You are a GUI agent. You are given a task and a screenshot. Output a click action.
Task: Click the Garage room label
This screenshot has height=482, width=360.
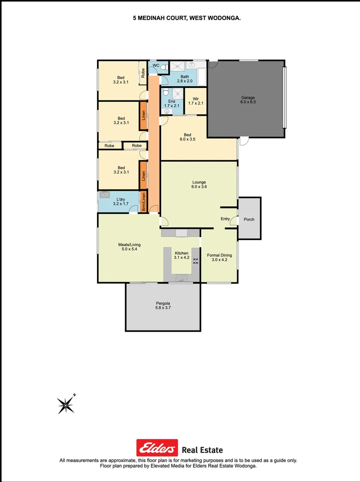point(248,97)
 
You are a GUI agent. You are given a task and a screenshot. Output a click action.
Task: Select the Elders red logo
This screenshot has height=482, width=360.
point(157,448)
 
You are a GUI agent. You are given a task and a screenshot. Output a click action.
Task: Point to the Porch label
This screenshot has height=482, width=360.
point(249,219)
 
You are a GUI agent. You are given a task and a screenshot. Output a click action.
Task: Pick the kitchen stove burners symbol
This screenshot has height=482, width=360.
point(195,261)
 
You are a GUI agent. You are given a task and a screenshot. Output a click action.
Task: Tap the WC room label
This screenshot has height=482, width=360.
point(156,66)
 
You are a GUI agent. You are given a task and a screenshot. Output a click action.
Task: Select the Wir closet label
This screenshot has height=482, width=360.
point(195,99)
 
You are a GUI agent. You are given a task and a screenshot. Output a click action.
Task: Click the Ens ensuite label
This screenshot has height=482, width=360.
point(172,101)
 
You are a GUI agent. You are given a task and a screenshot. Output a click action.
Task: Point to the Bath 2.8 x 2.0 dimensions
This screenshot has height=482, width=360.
point(184,81)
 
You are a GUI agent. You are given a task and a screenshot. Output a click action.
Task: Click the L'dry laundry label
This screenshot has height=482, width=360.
point(121,199)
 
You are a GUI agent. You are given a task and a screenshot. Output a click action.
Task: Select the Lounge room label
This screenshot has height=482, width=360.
point(199,182)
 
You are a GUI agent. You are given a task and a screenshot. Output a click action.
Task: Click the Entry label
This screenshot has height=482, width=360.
point(225,219)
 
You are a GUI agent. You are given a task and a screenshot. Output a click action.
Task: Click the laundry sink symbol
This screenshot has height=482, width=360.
point(105,194)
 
